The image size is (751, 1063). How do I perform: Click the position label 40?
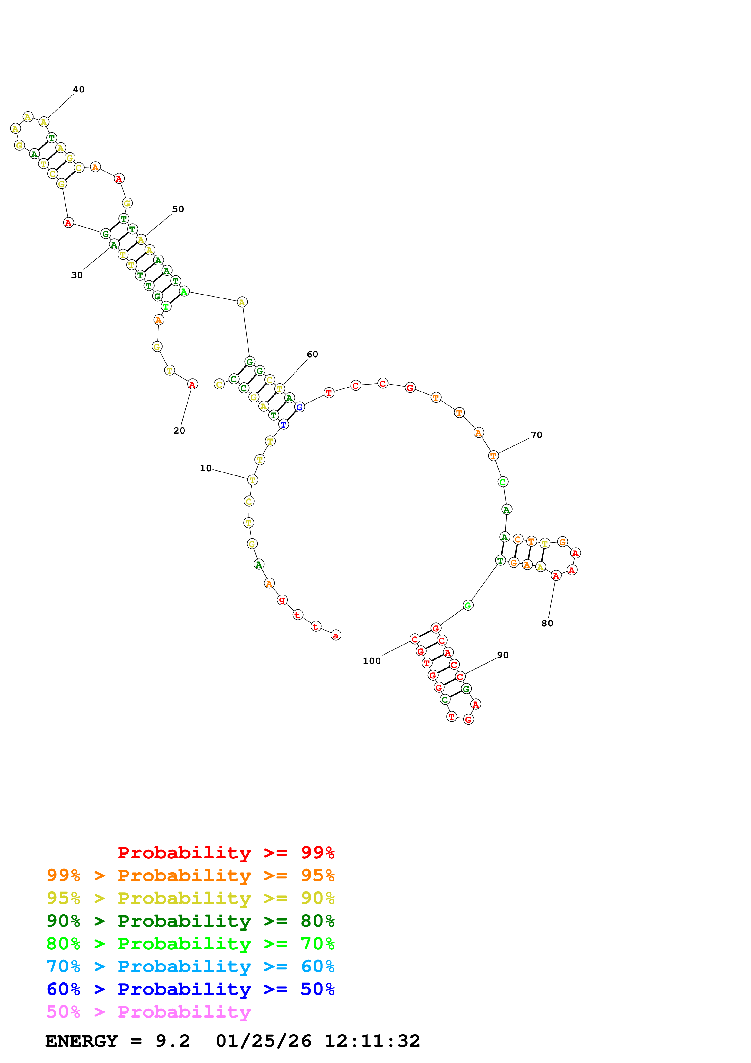(79, 89)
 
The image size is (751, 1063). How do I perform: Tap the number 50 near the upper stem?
(178, 209)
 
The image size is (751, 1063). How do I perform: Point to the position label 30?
(77, 275)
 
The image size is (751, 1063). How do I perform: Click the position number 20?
(179, 431)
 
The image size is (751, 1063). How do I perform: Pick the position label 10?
(205, 468)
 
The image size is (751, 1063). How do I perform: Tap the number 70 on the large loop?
(536, 435)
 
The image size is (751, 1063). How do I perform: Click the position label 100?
(372, 661)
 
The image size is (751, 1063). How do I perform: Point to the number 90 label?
(503, 655)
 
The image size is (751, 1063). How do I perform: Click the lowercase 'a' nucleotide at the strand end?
(336, 635)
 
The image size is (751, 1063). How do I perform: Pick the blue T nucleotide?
(284, 424)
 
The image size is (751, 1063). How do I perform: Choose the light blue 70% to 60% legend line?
(190, 966)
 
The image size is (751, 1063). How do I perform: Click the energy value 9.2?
(173, 1041)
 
